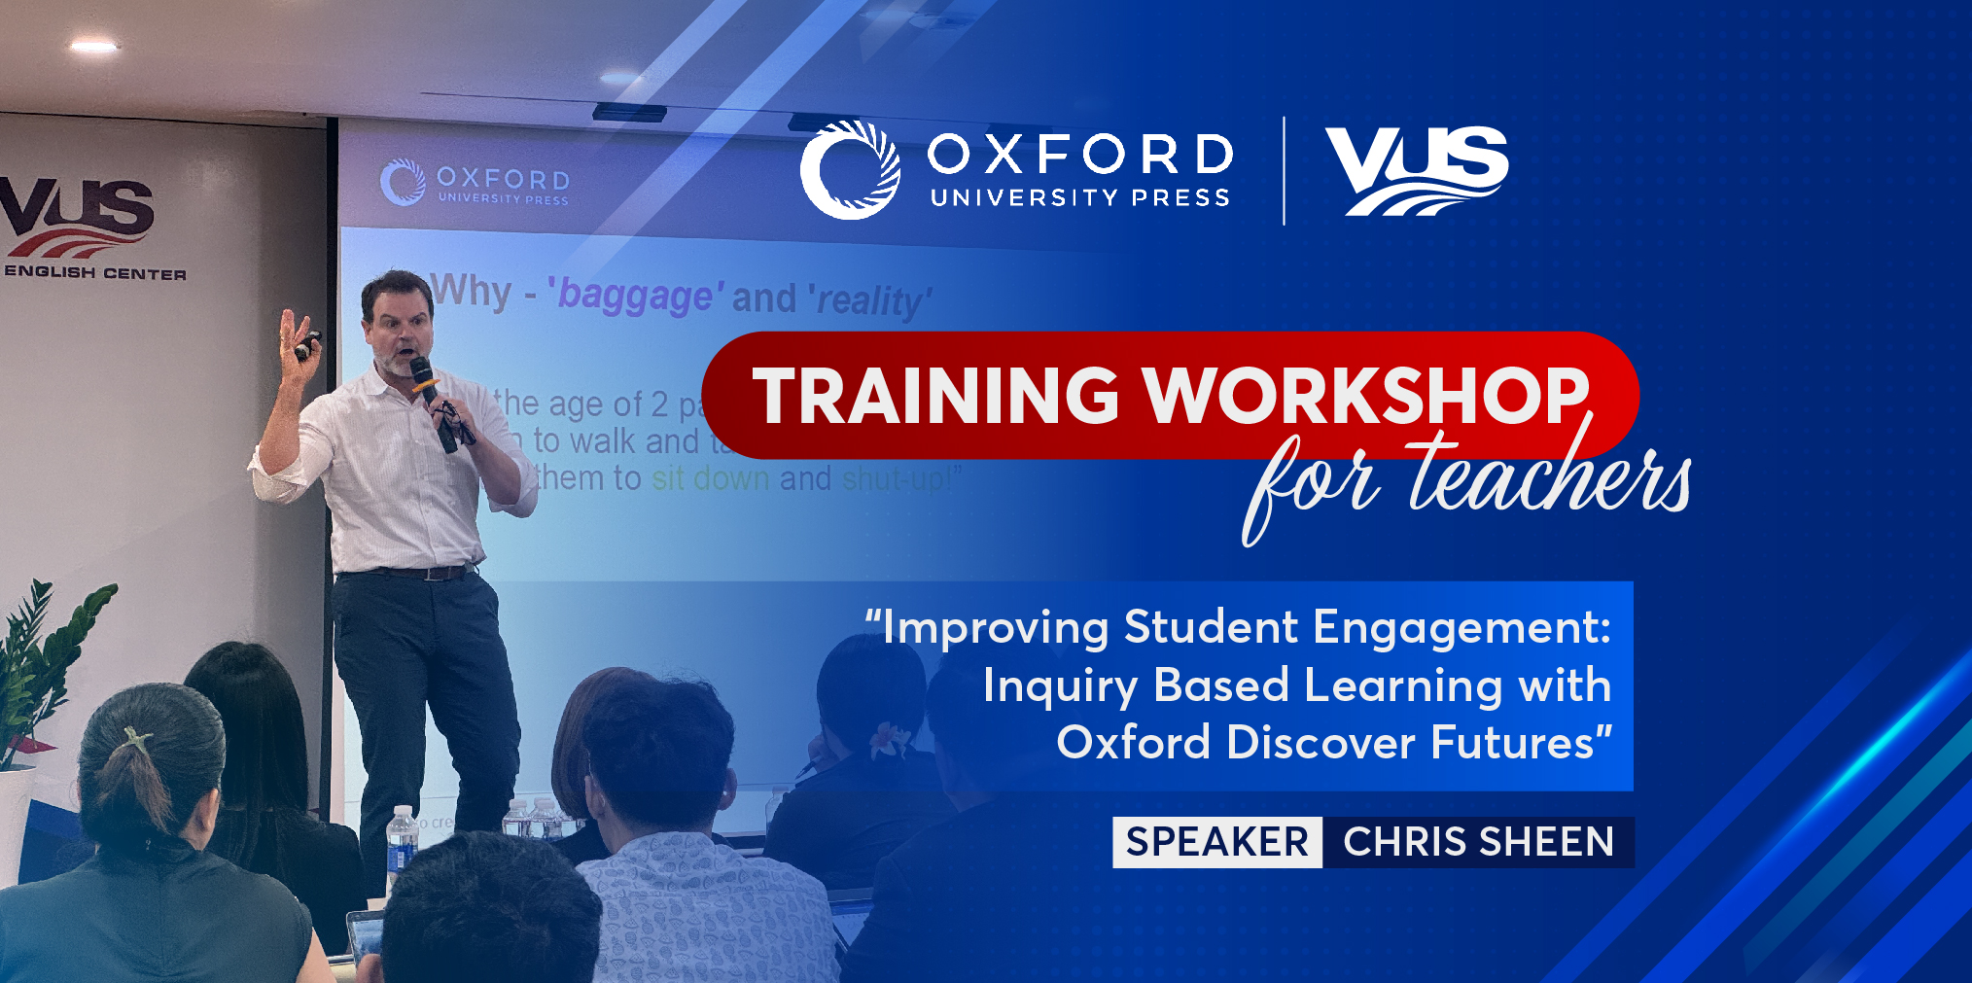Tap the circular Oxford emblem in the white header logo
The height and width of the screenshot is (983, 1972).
pyautogui.click(x=849, y=169)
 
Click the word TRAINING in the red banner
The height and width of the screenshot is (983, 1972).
pyautogui.click(x=935, y=396)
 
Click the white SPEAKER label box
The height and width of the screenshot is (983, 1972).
pyautogui.click(x=1216, y=842)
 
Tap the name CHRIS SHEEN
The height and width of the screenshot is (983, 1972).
pyautogui.click(x=1478, y=842)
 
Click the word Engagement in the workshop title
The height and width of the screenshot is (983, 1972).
pyautogui.click(x=1461, y=627)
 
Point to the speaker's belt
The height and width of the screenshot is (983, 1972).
pyautogui.click(x=408, y=572)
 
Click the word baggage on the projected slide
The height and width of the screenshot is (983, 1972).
pyautogui.click(x=635, y=295)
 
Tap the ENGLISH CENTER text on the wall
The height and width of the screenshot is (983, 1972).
pyautogui.click(x=94, y=273)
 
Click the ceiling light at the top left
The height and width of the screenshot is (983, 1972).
pyautogui.click(x=93, y=45)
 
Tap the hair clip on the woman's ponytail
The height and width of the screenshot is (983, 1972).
pyautogui.click(x=137, y=741)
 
